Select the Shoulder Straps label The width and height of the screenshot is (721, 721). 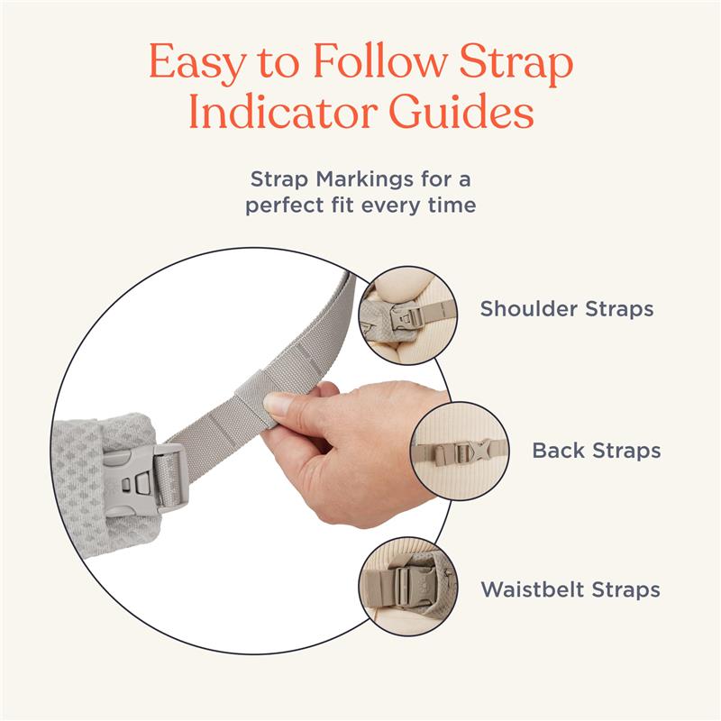tap(566, 309)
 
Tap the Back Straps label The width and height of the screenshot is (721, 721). tap(597, 450)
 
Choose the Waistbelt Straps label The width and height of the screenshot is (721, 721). tap(570, 590)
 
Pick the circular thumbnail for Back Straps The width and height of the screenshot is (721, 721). tap(460, 449)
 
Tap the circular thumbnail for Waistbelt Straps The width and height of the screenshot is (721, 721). tap(406, 589)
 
